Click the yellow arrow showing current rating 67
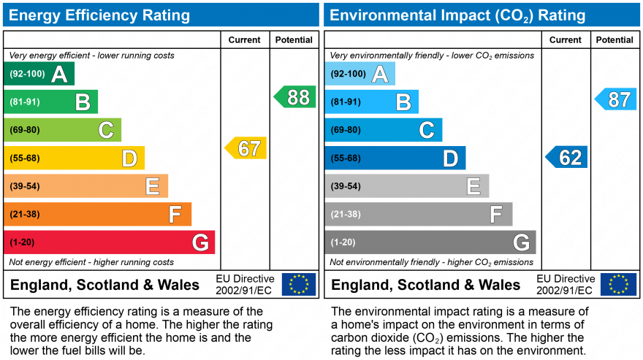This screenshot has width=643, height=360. tap(246, 148)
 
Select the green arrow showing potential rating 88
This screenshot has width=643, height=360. tap(295, 97)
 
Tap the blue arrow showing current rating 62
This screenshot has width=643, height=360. tap(567, 157)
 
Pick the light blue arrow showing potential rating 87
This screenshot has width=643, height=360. tap(616, 99)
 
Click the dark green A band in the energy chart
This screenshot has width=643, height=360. tap(39, 74)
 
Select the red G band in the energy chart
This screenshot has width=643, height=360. tap(110, 242)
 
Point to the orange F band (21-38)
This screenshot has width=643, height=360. tap(98, 214)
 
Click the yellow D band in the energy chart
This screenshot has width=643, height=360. tap(75, 158)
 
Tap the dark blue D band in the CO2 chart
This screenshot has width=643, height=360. tap(395, 158)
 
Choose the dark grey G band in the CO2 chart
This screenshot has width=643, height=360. tap(430, 242)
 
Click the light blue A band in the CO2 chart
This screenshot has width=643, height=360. tap(360, 74)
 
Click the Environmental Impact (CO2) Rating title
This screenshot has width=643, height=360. tap(457, 15)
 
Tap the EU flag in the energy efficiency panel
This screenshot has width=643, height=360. tap(299, 284)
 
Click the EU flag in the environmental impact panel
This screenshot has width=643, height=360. tap(618, 284)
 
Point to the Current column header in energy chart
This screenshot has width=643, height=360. tap(245, 40)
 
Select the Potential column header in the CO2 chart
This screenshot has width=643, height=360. tap(615, 40)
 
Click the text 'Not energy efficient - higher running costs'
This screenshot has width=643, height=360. tap(91, 262)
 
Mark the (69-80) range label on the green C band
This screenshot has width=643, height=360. tap(25, 130)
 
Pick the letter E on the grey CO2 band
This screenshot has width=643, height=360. tap(473, 186)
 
